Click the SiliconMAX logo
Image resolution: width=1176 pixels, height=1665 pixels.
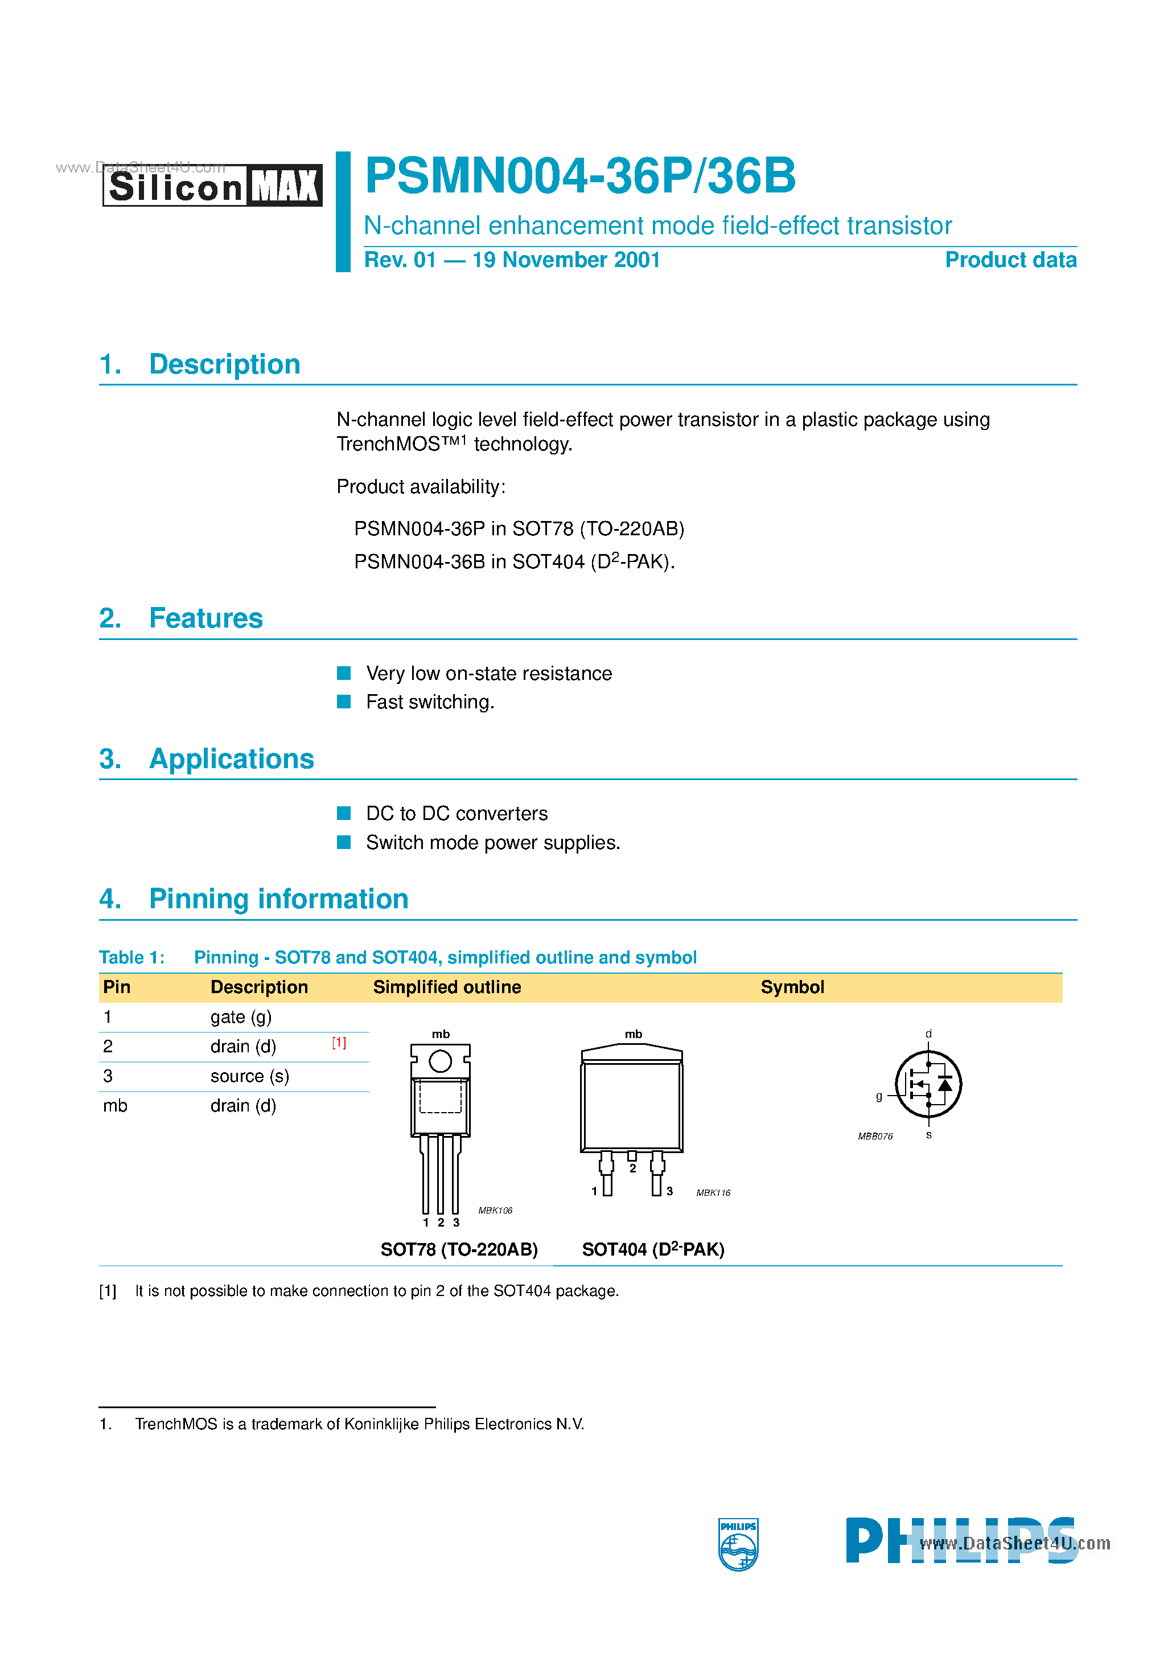[212, 186]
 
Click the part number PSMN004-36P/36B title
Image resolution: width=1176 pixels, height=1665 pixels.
[580, 176]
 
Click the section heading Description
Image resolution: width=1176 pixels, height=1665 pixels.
[224, 364]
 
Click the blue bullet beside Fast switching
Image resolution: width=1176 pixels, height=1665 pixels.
[344, 701]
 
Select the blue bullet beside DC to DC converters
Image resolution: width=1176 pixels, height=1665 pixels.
[344, 813]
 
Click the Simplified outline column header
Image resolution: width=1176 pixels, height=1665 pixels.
[447, 987]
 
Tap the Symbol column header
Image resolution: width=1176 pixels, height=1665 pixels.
[792, 987]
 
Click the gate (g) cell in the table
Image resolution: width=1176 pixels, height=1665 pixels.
[241, 1016]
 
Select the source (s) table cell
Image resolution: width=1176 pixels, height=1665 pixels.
[249, 1076]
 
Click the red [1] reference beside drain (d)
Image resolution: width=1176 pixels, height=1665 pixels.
[339, 1042]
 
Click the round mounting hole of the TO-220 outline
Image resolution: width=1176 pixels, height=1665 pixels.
[440, 1061]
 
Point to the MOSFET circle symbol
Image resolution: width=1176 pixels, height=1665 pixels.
[928, 1084]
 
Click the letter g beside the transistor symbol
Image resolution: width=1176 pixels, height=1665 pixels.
[879, 1096]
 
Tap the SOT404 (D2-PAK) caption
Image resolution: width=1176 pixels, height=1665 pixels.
[652, 1249]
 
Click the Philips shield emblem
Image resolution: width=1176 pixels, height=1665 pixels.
[738, 1544]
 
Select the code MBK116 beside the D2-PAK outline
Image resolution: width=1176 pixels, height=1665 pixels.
[713, 1192]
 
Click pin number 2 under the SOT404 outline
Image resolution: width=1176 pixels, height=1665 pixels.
[632, 1168]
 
